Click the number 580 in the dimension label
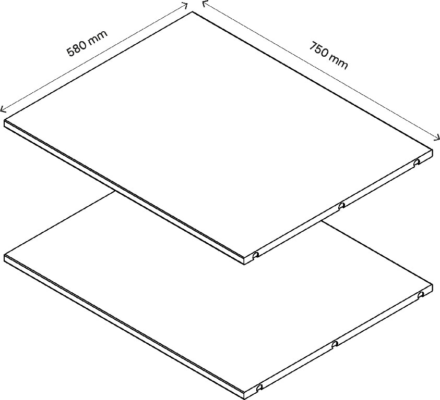[77, 48]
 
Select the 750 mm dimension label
[328, 55]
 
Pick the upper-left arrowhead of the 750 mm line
[204, 3]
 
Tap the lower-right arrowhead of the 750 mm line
[438, 140]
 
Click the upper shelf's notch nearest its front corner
[256, 256]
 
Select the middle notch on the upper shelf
[341, 206]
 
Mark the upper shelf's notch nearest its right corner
[417, 163]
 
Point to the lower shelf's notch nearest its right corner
[421, 295]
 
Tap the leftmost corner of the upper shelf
[5, 123]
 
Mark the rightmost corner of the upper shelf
[433, 152]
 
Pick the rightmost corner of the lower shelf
[433, 285]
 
